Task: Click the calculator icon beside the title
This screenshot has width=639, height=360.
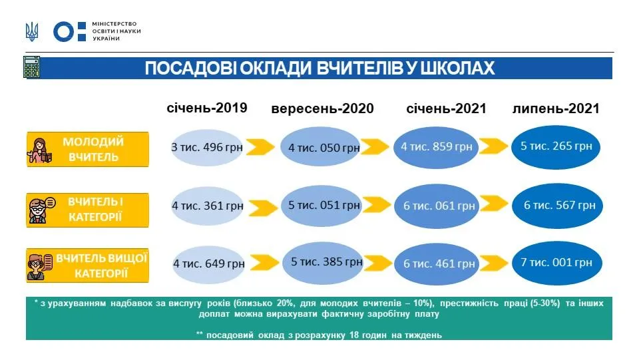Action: [31, 68]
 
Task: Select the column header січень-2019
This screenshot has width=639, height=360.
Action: [206, 108]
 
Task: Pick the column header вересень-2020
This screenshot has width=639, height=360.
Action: [322, 108]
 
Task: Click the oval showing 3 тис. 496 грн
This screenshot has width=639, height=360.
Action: [207, 146]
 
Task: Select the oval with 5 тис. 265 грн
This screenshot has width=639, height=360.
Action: [556, 145]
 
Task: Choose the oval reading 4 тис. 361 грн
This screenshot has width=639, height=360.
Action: [207, 206]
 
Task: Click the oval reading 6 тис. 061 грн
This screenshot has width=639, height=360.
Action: [439, 206]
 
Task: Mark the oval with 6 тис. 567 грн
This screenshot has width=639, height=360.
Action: [558, 205]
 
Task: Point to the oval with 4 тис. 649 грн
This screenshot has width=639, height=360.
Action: [208, 264]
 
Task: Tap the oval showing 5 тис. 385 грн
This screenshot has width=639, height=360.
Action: [326, 262]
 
